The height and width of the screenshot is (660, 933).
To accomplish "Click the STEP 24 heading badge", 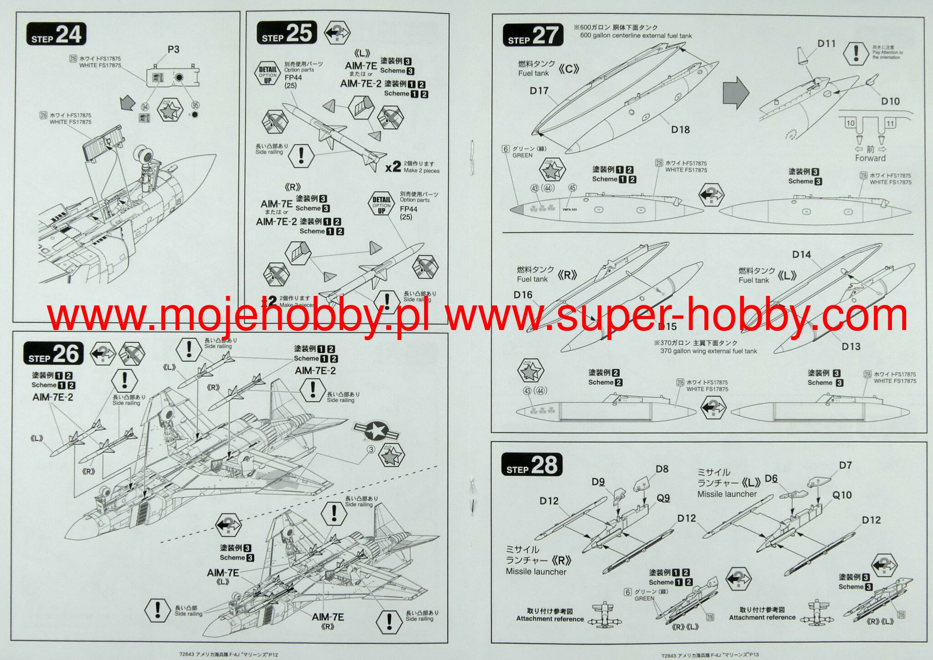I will [x=56, y=35].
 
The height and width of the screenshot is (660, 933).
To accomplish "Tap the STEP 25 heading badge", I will [x=287, y=33].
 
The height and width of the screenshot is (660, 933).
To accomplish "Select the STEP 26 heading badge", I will [x=53, y=354].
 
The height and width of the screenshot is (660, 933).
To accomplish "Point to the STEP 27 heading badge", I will [x=533, y=36].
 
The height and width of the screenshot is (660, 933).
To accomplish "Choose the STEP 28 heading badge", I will [x=531, y=465].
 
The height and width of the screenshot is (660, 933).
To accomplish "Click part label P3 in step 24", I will [x=173, y=49].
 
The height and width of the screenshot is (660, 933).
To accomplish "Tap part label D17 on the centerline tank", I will [x=538, y=91].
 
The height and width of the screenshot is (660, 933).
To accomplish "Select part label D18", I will [x=680, y=130].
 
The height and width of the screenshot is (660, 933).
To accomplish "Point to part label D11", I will [x=826, y=44].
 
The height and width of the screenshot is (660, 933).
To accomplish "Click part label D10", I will [x=890, y=101].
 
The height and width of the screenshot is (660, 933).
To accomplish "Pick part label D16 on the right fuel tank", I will [x=523, y=295].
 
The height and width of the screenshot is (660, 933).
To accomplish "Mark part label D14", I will [x=801, y=255].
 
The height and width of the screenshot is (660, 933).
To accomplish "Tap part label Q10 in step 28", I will [x=841, y=495].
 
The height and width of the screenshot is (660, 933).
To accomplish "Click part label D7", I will [x=845, y=465].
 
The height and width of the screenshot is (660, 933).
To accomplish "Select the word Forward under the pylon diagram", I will [x=870, y=158].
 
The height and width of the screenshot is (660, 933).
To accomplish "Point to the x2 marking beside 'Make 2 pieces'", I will [x=393, y=167].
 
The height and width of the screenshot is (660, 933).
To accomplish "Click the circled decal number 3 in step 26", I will [x=371, y=450].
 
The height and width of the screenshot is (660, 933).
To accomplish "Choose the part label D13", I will [x=851, y=347].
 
